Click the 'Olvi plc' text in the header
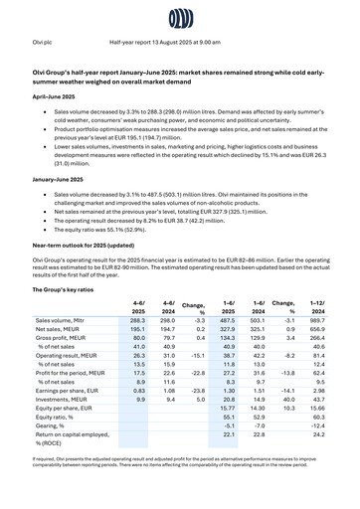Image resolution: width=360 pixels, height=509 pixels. tap(44, 43)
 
